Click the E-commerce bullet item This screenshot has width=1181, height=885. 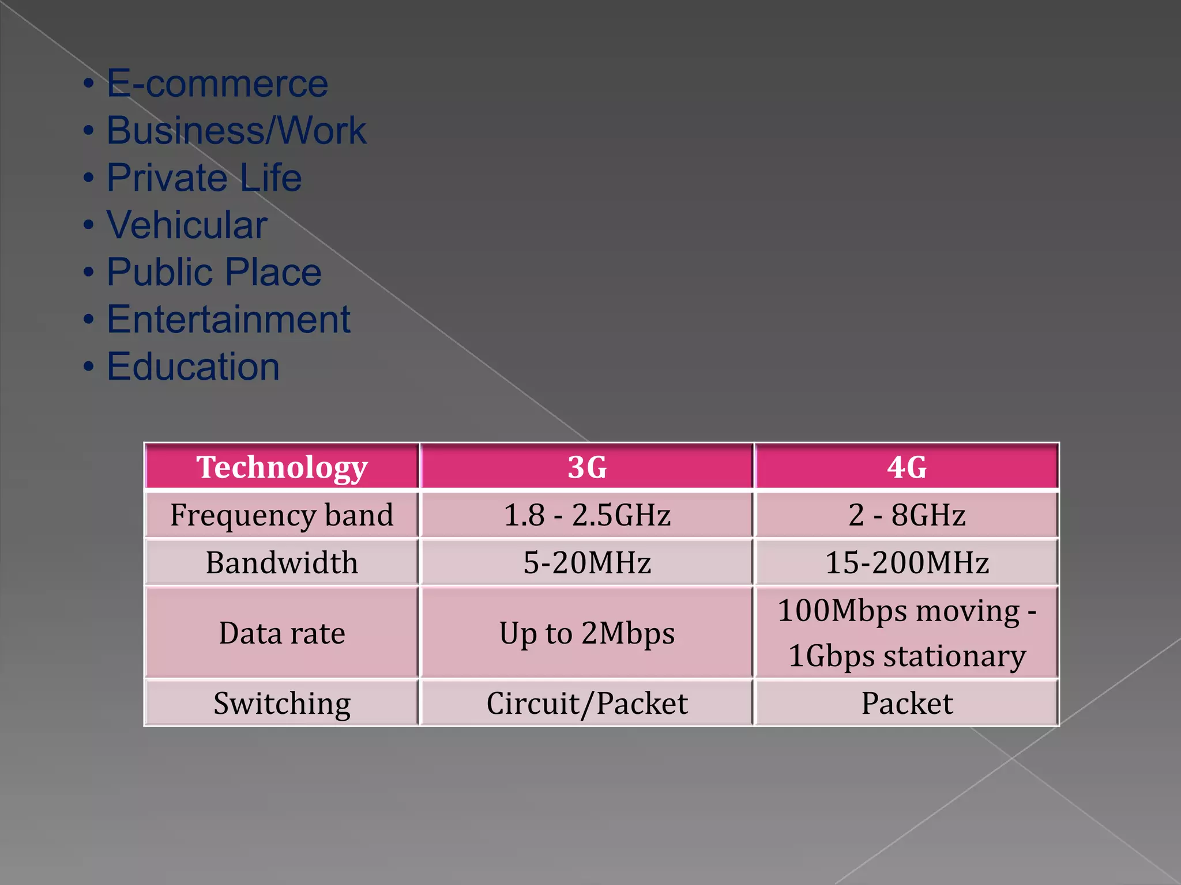coord(217,84)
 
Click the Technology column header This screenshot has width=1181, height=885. coord(281,467)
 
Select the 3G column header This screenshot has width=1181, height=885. coord(587,467)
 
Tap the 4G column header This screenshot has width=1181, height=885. coord(907,467)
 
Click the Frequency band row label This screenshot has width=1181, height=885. coord(281,515)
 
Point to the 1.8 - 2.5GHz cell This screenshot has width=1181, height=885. coord(587,515)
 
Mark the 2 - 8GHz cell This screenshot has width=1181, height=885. coord(907,515)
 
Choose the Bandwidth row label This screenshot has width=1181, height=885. coord(281,562)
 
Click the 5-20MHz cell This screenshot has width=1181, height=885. coord(587,562)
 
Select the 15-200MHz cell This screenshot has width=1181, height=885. coord(907,562)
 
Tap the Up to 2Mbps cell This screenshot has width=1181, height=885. coord(587,633)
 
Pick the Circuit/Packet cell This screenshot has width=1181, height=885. coord(587,703)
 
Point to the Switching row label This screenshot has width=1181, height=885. coord(281,703)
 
